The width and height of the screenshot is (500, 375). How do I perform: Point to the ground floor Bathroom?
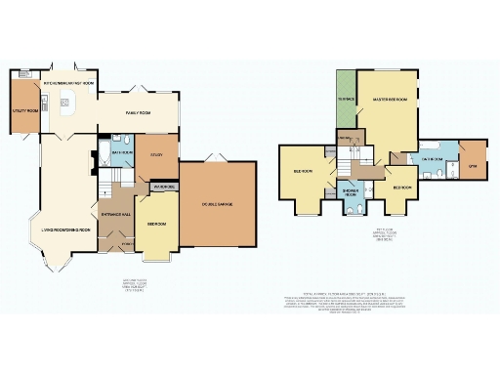[x=122, y=153]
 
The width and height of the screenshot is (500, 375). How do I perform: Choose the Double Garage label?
[x=219, y=203]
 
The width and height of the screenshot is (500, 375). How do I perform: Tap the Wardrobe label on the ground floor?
[x=162, y=187]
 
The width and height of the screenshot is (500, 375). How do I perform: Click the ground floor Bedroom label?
[x=156, y=224]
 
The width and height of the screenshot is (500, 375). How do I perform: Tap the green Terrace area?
[x=346, y=100]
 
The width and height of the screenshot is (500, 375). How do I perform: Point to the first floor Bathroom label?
[x=434, y=158]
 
